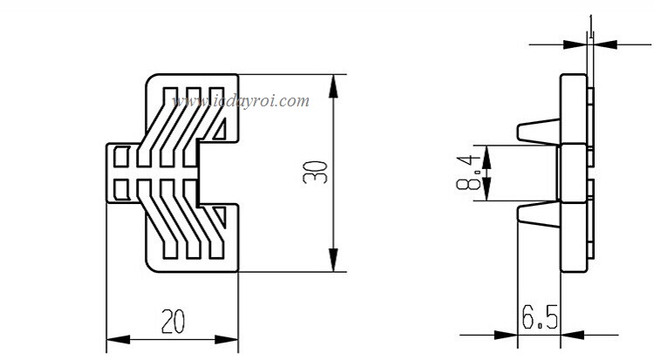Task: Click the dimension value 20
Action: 173,322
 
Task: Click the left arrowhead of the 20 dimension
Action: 113,339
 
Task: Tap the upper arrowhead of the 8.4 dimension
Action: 487,153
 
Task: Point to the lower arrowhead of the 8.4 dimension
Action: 487,194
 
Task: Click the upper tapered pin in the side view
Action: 537,132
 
